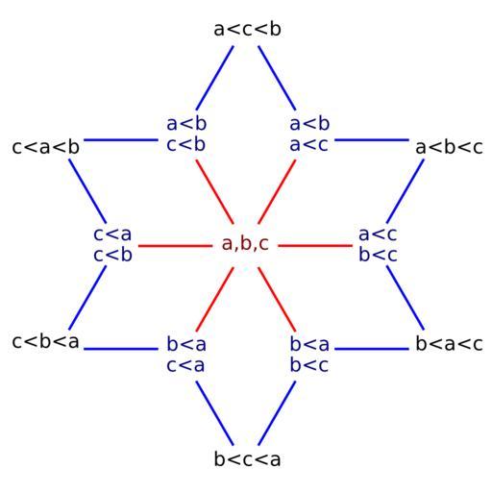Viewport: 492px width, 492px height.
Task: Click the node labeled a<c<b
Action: pyautogui.click(x=247, y=29)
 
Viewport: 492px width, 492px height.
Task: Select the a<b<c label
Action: pyautogui.click(x=449, y=147)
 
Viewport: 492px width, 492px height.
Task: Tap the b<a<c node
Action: pyautogui.click(x=449, y=344)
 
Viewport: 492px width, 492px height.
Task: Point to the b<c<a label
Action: pyautogui.click(x=247, y=459)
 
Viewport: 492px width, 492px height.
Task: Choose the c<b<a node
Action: pyautogui.click(x=45, y=341)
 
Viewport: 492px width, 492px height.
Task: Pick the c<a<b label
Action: pyautogui.click(x=45, y=147)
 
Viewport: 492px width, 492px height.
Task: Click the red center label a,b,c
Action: pyautogui.click(x=245, y=244)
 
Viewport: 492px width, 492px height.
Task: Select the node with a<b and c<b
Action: pyautogui.click(x=186, y=134)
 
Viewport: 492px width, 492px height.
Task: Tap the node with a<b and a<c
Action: pyautogui.click(x=309, y=134)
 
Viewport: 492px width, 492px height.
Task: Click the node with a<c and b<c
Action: pyautogui.click(x=378, y=244)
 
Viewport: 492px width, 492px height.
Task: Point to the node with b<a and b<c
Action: pyautogui.click(x=309, y=355)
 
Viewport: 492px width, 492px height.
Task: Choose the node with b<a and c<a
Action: pyautogui.click(x=186, y=355)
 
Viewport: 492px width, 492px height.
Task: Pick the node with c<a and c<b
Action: pyautogui.click(x=112, y=244)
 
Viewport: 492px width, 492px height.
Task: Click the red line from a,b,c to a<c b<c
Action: pyautogui.click(x=315, y=246)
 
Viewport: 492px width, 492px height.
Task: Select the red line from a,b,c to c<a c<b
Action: pyautogui.click(x=175, y=246)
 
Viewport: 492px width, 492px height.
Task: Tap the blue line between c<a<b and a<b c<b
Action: pyautogui.click(x=121, y=139)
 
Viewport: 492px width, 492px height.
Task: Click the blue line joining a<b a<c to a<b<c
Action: pyautogui.click(x=372, y=139)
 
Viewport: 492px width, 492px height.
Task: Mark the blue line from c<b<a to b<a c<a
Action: pyautogui.click(x=121, y=349)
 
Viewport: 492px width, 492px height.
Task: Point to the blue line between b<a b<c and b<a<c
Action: pyautogui.click(x=372, y=349)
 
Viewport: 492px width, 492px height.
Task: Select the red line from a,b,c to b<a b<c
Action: pyautogui.click(x=277, y=299)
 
